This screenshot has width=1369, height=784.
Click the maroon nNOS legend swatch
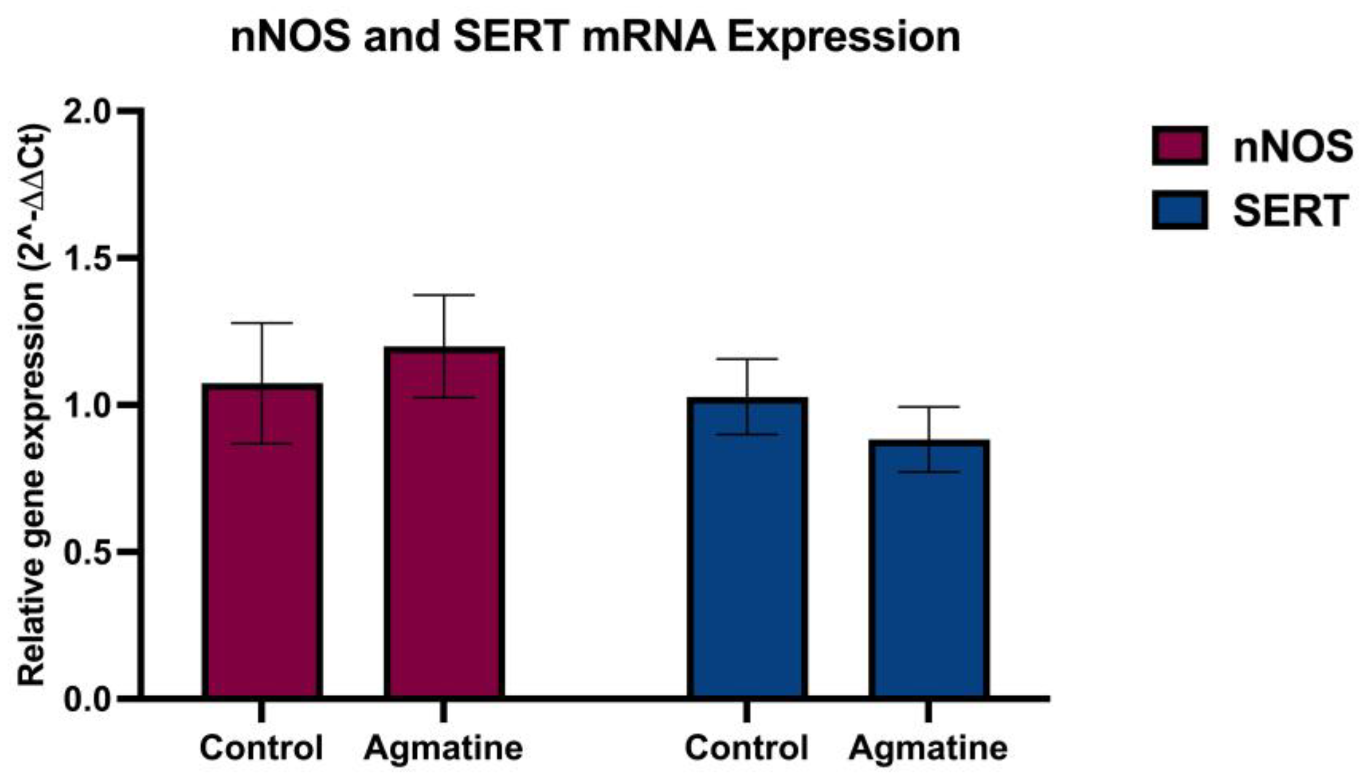[1179, 146]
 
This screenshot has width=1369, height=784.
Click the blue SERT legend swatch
[1179, 211]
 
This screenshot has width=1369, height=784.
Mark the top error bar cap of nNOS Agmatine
[444, 295]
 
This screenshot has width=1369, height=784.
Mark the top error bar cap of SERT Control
[747, 359]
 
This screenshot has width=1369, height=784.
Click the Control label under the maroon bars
[261, 747]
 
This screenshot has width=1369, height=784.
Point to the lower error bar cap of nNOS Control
[262, 443]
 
